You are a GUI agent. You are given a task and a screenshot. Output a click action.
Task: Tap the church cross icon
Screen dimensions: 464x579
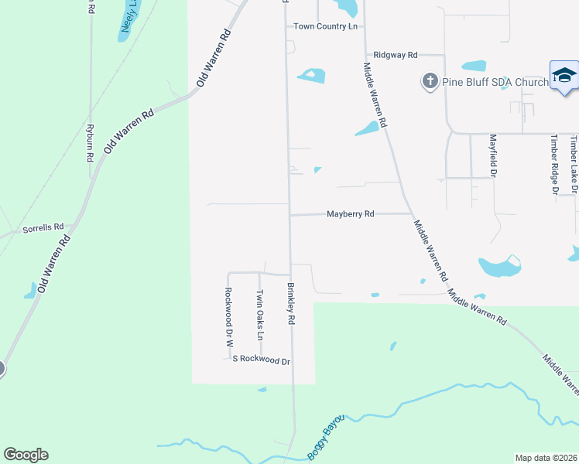tap(429, 80)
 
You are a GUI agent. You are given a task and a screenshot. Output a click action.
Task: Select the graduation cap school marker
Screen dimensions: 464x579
tap(564, 75)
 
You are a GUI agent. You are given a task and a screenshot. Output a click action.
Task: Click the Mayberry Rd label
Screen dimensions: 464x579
tap(350, 213)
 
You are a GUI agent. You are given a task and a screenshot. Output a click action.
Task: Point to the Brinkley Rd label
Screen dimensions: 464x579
tap(292, 304)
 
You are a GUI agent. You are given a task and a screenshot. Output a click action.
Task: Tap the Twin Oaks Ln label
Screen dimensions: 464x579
tap(260, 315)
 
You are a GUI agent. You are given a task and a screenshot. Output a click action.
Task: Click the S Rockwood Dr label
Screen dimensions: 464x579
tap(261, 360)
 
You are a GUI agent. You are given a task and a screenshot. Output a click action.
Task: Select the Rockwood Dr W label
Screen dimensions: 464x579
tap(229, 316)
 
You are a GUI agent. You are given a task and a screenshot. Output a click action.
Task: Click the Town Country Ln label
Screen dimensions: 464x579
tap(326, 26)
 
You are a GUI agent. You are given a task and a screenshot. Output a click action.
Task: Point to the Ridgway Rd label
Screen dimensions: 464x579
tap(395, 55)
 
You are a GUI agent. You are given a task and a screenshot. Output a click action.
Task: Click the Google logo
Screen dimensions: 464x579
tap(26, 455)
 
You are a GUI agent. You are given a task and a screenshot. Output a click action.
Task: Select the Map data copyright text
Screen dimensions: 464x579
tap(546, 458)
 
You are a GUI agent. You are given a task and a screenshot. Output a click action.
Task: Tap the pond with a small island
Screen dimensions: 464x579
tap(311, 76)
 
